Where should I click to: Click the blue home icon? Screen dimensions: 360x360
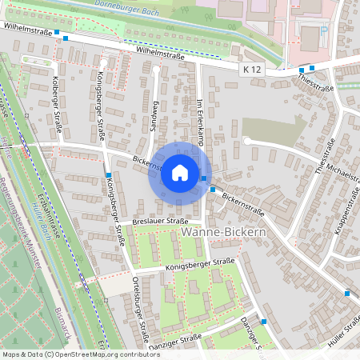point(179,172)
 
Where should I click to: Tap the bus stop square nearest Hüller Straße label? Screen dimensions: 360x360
point(347,293)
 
